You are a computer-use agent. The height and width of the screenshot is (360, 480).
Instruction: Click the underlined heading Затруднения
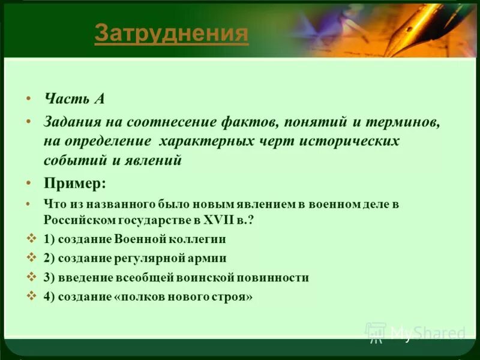[171, 34]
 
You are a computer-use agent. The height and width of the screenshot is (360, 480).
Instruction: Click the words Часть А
[74, 99]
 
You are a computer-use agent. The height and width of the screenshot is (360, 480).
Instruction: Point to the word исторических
[358, 141]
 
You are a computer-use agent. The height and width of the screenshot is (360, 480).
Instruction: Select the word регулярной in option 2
[154, 258]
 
